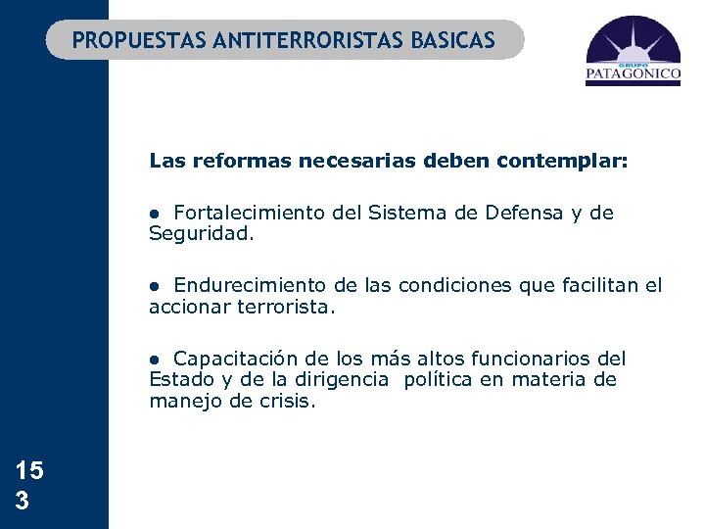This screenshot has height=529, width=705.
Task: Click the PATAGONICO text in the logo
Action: [x=633, y=72]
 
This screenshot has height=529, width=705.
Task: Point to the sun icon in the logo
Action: [x=634, y=41]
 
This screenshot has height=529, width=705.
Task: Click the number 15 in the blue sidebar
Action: [x=29, y=471]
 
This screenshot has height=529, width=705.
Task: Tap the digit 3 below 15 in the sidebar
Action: [x=23, y=501]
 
